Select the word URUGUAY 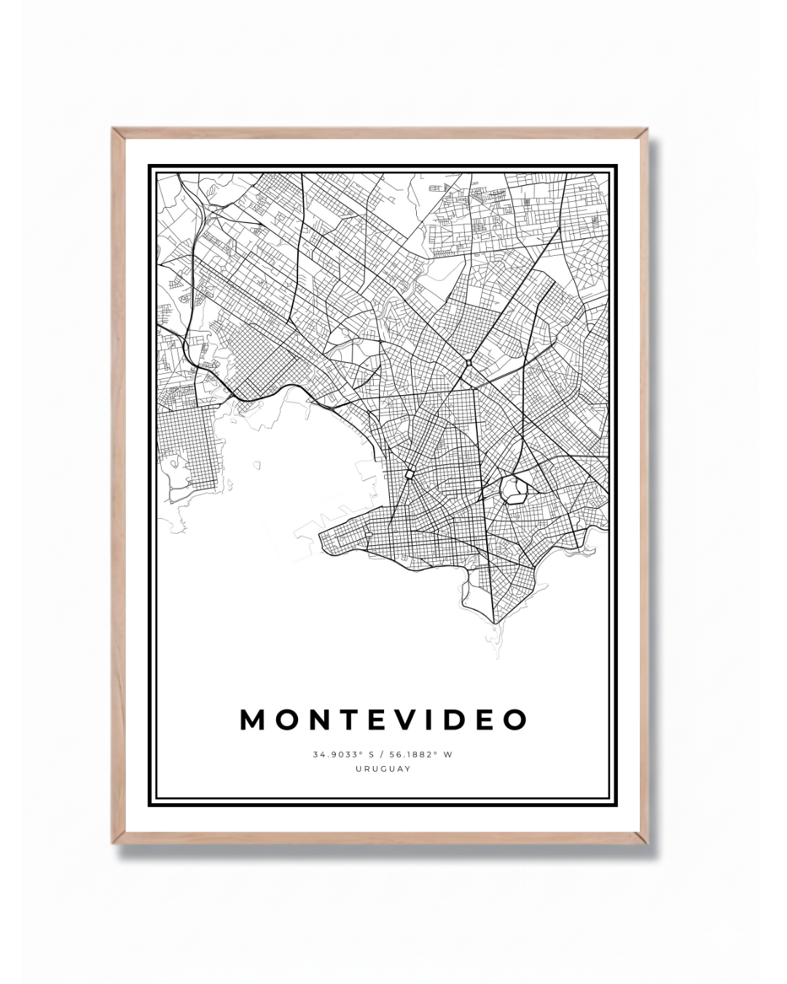pos(383,768)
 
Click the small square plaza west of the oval pos(410,474)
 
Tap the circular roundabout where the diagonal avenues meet pos(469,362)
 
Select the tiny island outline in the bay pos(256,464)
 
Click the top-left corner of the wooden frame pos(112,129)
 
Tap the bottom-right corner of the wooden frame pos(647,843)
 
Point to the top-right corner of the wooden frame pos(647,129)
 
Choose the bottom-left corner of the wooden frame pos(113,843)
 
